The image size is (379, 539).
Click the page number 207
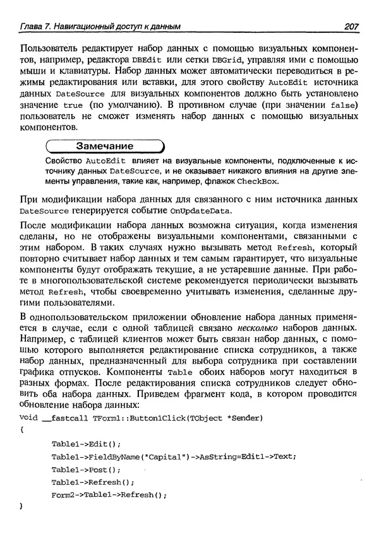(x=350, y=26)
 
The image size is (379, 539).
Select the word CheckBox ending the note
(x=257, y=182)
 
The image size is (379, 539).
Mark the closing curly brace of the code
(x=22, y=506)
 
